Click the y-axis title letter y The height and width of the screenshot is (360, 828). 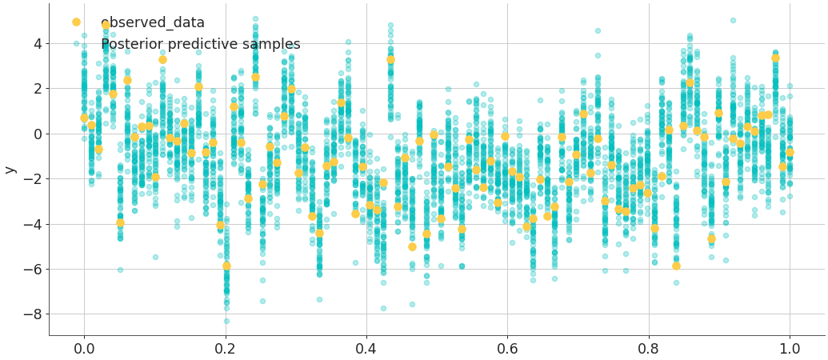10,169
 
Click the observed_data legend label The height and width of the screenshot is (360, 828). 153,23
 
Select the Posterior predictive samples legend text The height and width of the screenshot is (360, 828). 200,45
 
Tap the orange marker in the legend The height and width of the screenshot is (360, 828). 76,22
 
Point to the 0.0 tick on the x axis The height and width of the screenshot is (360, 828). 84,349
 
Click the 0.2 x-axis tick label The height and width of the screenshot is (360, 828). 225,349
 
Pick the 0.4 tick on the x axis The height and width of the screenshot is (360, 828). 366,349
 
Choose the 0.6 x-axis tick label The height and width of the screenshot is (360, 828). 507,349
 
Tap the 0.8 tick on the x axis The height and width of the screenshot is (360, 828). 649,349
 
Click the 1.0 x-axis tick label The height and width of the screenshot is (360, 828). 790,349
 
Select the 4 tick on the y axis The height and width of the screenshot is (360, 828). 36,43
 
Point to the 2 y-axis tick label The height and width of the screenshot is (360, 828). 36,89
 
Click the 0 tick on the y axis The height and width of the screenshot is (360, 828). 36,134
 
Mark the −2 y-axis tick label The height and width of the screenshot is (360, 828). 32,179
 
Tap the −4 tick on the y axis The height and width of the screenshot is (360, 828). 32,224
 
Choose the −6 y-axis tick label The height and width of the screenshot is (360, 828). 32,270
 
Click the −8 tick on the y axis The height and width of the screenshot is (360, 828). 32,314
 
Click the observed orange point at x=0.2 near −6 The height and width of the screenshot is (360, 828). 226,266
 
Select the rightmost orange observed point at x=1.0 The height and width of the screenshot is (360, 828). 790,152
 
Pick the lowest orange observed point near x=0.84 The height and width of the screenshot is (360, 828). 676,266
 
